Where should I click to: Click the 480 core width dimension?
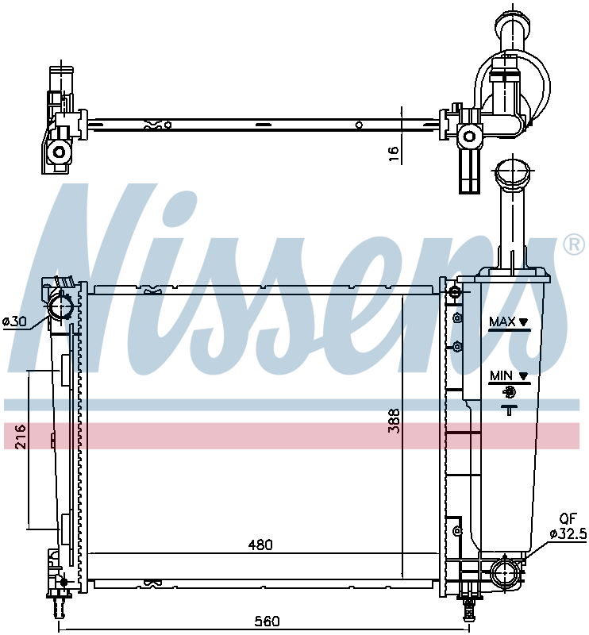click(x=260, y=545)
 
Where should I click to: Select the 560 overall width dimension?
click(x=267, y=621)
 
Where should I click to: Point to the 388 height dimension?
click(x=395, y=421)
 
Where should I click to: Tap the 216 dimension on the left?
click(x=21, y=437)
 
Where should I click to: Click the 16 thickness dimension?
click(x=394, y=154)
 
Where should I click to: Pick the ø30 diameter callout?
click(x=14, y=322)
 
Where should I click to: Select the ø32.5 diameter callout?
click(x=568, y=533)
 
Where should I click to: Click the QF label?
click(x=568, y=519)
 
